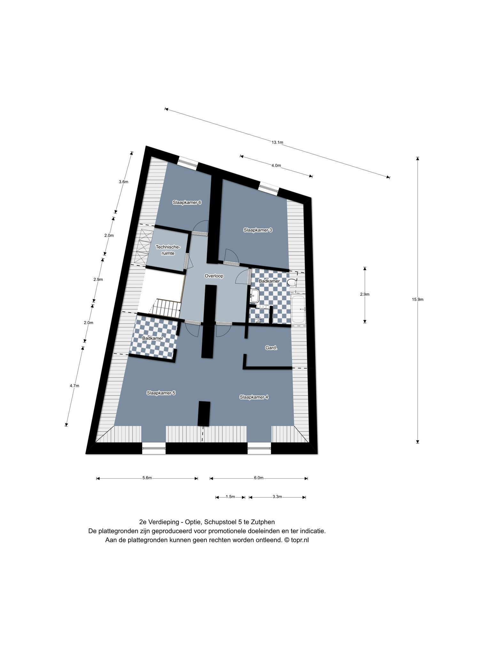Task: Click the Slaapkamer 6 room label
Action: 187,202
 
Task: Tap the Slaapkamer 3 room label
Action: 258,230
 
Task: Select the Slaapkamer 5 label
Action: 161,393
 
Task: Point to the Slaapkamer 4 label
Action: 254,397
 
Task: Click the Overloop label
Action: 214,276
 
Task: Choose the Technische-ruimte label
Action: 168,250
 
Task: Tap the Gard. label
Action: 271,348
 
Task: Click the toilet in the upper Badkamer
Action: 292,282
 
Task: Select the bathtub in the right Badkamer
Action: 299,309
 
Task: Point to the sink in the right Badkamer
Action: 254,296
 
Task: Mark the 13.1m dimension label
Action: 277,142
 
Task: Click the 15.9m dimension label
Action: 418,300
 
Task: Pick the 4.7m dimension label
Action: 74,386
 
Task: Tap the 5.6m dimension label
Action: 147,478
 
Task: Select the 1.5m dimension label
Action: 230,497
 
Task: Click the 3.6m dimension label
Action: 123,182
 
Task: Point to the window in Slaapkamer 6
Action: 188,163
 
